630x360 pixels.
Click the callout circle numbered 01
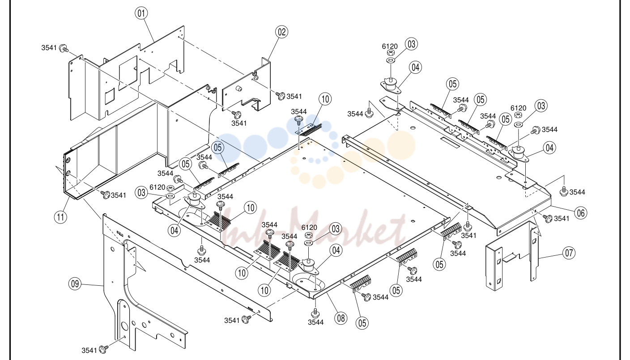click(x=141, y=13)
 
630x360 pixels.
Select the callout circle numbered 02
click(x=281, y=32)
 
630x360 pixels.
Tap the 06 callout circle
click(x=581, y=213)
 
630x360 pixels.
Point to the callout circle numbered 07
click(x=569, y=253)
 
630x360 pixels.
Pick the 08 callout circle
click(x=341, y=318)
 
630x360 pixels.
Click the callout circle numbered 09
click(x=75, y=284)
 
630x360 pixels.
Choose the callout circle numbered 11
click(x=60, y=217)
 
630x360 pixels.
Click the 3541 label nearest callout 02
click(x=294, y=97)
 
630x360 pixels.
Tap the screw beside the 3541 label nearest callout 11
click(x=106, y=195)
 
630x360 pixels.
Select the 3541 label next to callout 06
click(x=562, y=218)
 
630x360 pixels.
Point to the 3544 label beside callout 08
click(x=315, y=322)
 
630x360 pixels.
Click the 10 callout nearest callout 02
click(x=325, y=99)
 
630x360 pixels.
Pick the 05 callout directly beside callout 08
click(x=362, y=323)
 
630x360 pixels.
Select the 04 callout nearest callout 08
click(x=336, y=250)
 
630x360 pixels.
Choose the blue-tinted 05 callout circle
click(x=218, y=148)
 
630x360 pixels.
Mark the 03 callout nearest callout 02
click(x=411, y=44)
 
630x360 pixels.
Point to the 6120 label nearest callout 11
click(x=157, y=187)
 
